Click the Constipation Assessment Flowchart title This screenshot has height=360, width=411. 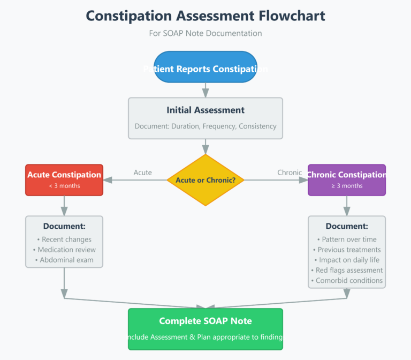pyautogui.click(x=205, y=16)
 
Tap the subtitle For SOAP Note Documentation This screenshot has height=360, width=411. pyautogui.click(x=205, y=33)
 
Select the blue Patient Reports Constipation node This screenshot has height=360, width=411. pyautogui.click(x=205, y=67)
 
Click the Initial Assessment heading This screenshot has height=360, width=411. pyautogui.click(x=205, y=110)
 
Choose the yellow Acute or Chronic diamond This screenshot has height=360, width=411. pyautogui.click(x=205, y=180)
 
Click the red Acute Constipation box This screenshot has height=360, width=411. pyautogui.click(x=64, y=179)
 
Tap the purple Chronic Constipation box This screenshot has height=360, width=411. pyautogui.click(x=346, y=179)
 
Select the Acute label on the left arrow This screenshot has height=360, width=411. pyautogui.click(x=142, y=172)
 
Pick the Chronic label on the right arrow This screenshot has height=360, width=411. pyautogui.click(x=290, y=172)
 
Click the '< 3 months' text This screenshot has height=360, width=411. pyautogui.click(x=64, y=186)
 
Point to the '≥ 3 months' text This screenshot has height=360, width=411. pyautogui.click(x=347, y=186)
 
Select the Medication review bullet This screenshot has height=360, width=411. pyautogui.click(x=64, y=250)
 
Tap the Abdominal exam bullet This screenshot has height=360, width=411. pyautogui.click(x=64, y=260)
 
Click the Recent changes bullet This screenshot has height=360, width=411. pyautogui.click(x=64, y=239)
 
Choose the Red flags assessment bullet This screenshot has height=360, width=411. pyautogui.click(x=347, y=270)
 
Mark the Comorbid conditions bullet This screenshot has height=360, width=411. pyautogui.click(x=347, y=280)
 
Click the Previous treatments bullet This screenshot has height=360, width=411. pyautogui.click(x=347, y=250)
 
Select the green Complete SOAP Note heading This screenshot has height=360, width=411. pyautogui.click(x=205, y=321)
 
